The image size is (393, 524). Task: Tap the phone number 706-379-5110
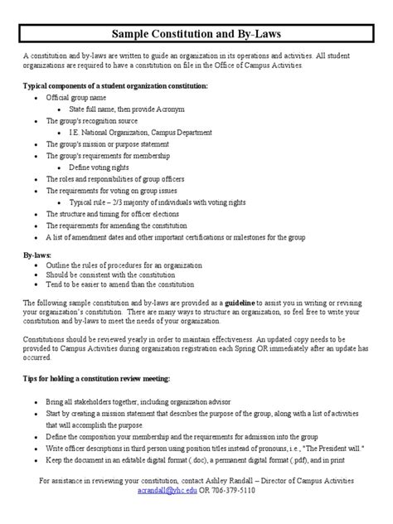point(234,491)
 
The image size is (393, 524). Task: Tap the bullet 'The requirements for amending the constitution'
point(127,225)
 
